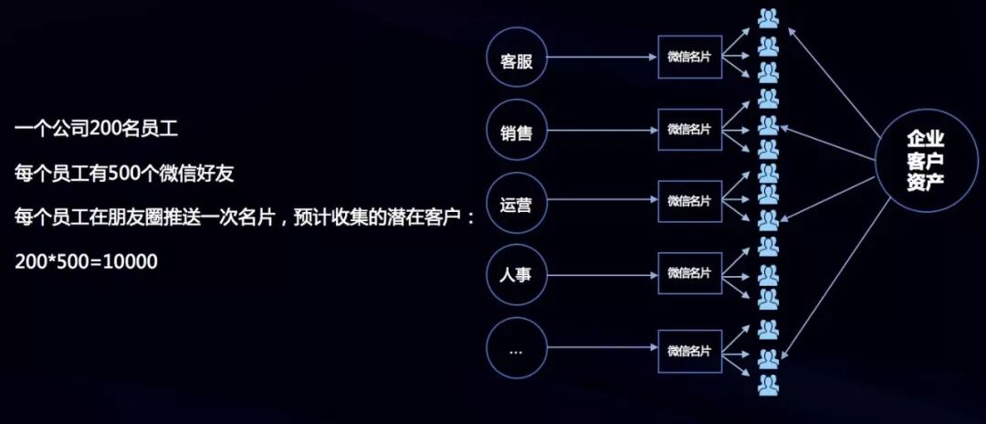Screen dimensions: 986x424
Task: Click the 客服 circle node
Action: (x=517, y=61)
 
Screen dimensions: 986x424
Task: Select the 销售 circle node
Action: (x=517, y=132)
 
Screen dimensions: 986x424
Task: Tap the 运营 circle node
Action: (x=517, y=202)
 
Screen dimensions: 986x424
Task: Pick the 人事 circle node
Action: (x=517, y=273)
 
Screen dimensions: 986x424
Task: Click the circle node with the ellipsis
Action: (x=517, y=348)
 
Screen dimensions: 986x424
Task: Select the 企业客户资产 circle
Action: (x=925, y=160)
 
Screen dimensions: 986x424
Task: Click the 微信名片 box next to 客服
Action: (x=689, y=57)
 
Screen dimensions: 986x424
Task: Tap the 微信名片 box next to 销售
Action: (x=689, y=129)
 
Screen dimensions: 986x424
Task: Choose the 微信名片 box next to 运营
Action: (x=689, y=201)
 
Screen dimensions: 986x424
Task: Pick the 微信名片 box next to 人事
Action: (x=689, y=272)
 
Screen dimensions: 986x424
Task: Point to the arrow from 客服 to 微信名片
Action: (x=603, y=61)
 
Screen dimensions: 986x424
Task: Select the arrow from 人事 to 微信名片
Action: (x=603, y=273)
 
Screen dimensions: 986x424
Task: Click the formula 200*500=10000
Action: (x=87, y=261)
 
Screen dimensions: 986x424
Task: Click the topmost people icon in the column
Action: (x=768, y=19)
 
